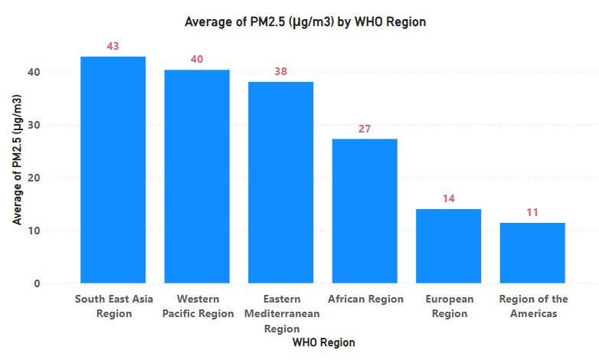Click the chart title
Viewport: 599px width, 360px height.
point(305,22)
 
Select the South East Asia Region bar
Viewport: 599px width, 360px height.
point(113,169)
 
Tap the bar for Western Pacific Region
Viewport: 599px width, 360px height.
point(197,176)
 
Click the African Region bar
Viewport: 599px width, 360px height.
point(365,211)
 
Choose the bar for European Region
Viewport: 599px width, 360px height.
point(448,246)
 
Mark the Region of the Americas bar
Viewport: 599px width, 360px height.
point(532,253)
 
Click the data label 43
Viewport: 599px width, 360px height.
point(113,47)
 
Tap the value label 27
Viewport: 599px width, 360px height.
point(365,129)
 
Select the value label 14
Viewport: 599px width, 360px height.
point(448,199)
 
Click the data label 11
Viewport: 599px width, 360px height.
point(532,213)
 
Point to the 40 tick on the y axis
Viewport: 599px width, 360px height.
point(34,72)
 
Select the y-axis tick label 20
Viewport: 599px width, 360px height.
point(34,178)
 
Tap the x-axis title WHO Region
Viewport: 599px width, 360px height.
point(323,343)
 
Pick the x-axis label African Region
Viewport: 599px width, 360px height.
point(365,299)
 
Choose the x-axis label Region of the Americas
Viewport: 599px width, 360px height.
point(532,306)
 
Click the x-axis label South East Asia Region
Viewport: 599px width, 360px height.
point(113,306)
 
